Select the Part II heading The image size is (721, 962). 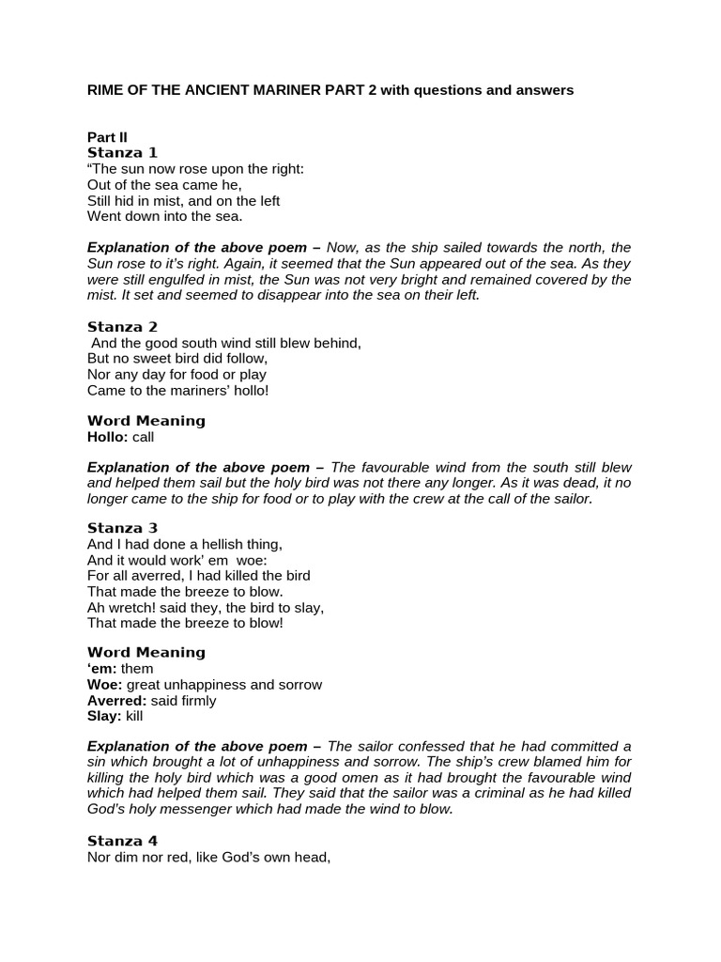pyautogui.click(x=107, y=137)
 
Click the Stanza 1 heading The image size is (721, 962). pyautogui.click(x=122, y=152)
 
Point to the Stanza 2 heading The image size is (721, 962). pyautogui.click(x=122, y=327)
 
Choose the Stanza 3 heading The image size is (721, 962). pyautogui.click(x=122, y=528)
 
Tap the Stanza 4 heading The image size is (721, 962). pyautogui.click(x=122, y=840)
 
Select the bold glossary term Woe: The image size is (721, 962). pyautogui.click(x=105, y=684)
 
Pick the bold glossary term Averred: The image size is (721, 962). pyautogui.click(x=117, y=700)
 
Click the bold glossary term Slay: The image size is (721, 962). pyautogui.click(x=104, y=716)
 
